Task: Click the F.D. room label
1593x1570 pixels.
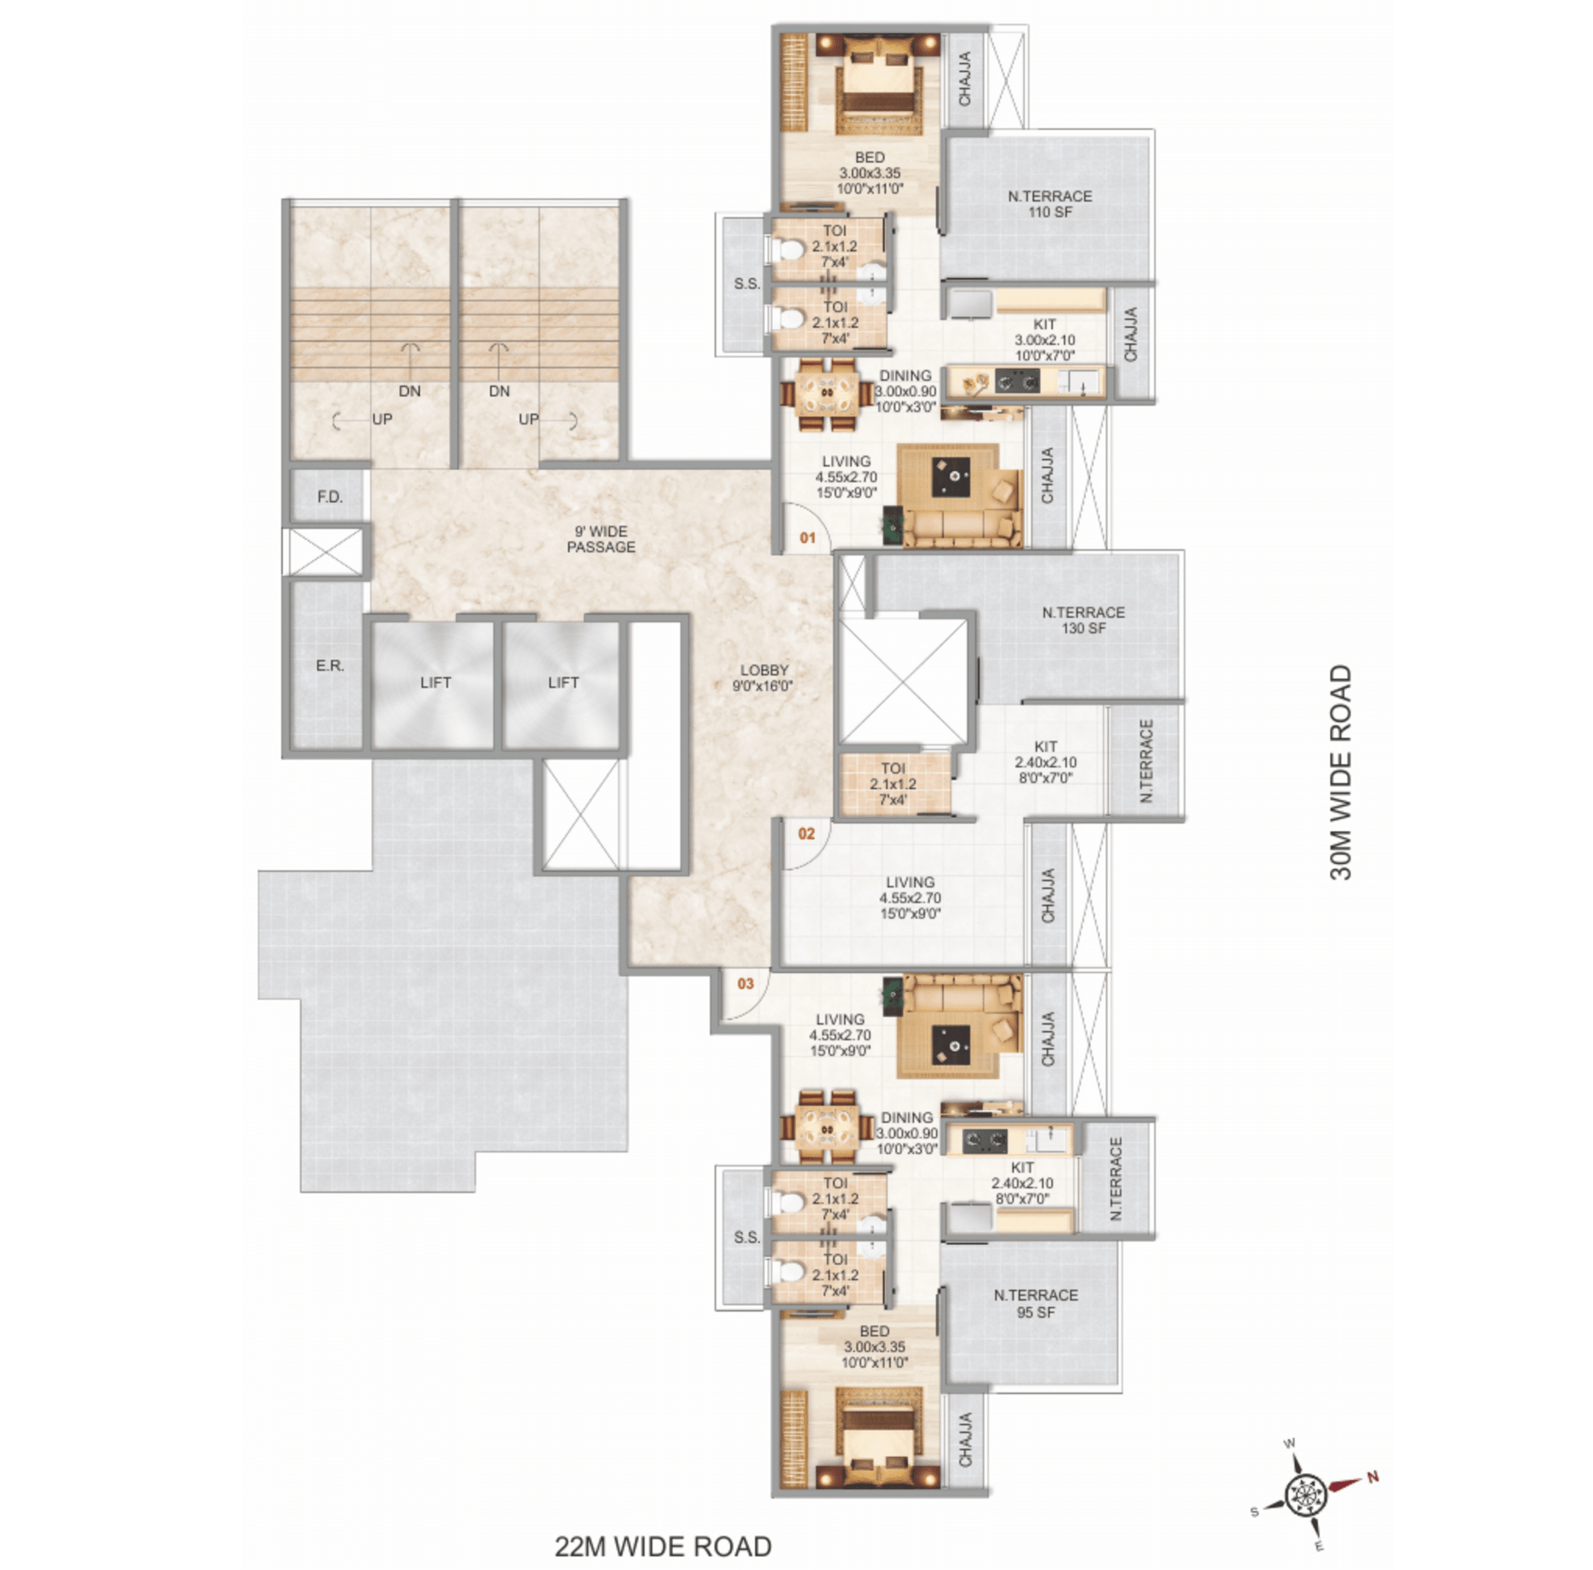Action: [x=330, y=497]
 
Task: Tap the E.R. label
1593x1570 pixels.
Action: [x=330, y=665]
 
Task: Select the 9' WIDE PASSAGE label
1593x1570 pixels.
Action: [x=601, y=539]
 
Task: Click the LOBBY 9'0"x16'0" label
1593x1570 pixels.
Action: [x=764, y=678]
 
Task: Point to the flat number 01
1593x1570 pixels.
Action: [x=807, y=537]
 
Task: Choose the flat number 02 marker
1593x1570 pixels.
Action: [x=806, y=833]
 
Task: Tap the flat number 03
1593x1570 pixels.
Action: [x=745, y=983]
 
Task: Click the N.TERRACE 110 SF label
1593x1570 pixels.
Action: [x=1050, y=204]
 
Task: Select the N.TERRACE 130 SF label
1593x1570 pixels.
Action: [x=1083, y=620]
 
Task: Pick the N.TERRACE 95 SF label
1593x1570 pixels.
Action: [x=1036, y=1303]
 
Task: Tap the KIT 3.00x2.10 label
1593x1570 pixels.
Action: [x=1044, y=340]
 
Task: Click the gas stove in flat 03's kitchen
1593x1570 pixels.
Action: [x=985, y=1141]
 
